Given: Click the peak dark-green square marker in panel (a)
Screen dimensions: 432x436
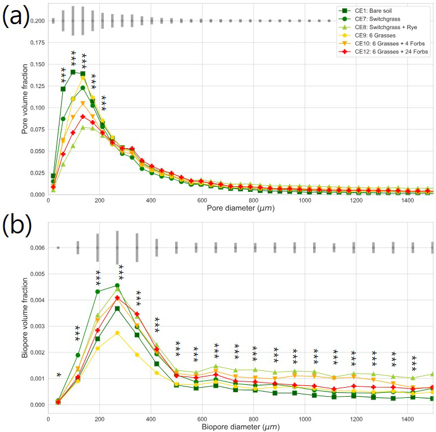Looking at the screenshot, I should (x=73, y=72).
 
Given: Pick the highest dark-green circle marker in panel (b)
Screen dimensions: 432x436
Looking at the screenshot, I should (x=117, y=286).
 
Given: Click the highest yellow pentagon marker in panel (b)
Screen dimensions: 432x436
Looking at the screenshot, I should (x=117, y=333).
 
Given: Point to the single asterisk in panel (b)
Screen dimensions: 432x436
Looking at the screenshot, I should (x=58, y=375).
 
